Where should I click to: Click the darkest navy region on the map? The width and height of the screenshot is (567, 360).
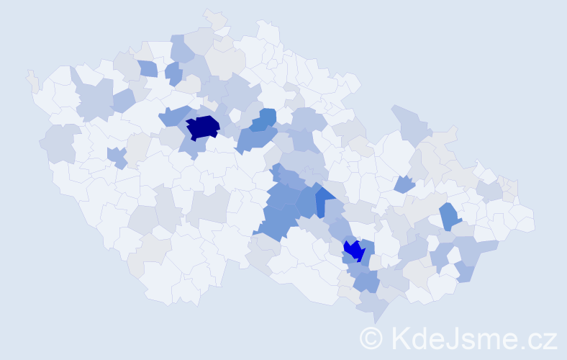(x=202, y=127)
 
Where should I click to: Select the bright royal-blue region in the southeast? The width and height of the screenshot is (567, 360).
(x=353, y=251)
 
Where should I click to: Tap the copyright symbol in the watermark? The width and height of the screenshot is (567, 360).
(x=371, y=338)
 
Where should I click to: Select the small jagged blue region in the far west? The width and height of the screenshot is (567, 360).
(x=117, y=156)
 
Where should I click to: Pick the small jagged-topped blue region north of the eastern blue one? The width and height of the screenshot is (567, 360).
(x=404, y=184)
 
